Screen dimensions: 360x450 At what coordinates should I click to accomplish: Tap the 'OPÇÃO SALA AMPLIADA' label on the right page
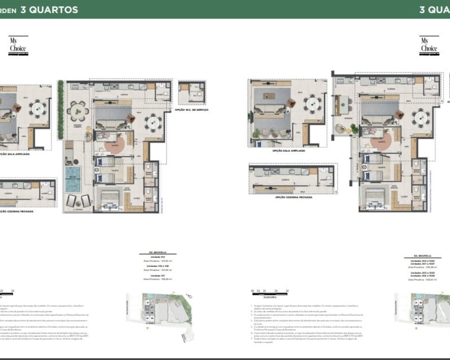click(x=288, y=151)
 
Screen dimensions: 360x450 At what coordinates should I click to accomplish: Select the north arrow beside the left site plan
click(x=190, y=296)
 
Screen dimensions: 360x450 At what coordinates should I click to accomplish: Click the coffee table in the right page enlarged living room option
click(x=269, y=96)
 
